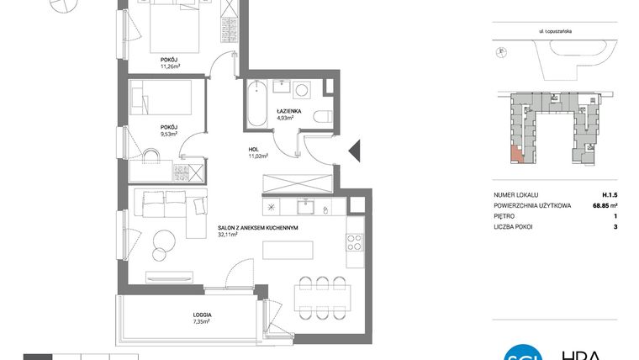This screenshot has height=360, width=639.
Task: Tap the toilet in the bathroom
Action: pos(319,118)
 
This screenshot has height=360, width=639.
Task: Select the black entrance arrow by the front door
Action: pos(354,152)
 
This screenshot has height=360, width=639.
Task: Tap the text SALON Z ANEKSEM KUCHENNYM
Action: pos(258,227)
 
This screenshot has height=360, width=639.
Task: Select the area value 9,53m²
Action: pos(172,133)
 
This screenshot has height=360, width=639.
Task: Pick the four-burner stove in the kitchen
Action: pos(355,243)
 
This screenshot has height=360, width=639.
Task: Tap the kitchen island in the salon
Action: pos(288,251)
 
